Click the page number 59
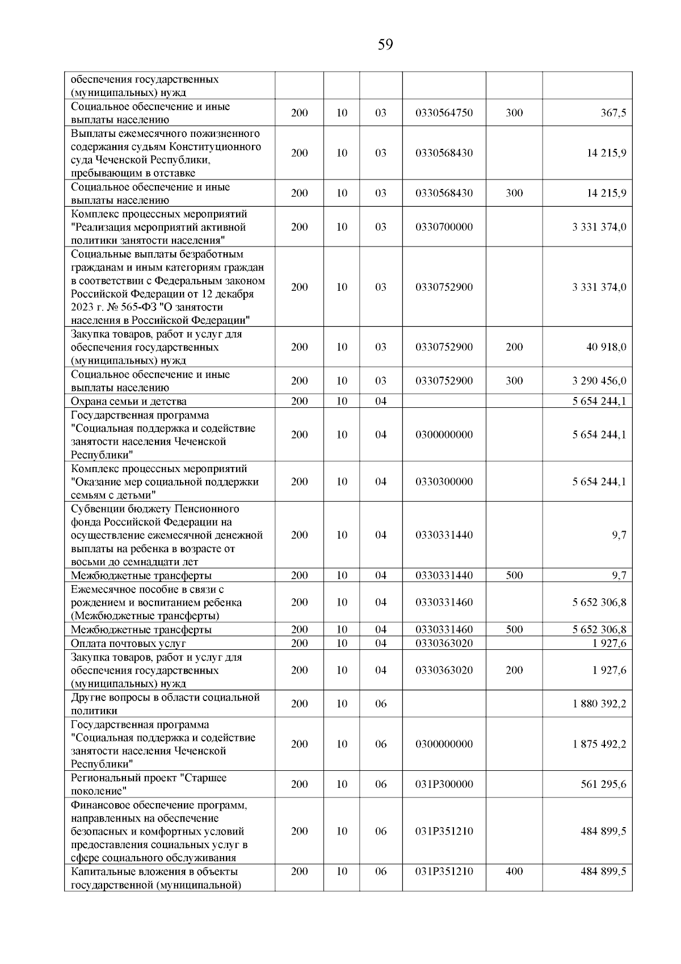point(385,44)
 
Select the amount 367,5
point(613,113)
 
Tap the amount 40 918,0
point(606,347)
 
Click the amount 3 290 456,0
point(599,381)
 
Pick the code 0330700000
point(444,227)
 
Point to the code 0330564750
point(444,113)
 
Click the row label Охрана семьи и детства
point(128,402)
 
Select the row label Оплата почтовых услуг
point(128,644)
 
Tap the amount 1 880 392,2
point(599,704)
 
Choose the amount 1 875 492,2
point(599,744)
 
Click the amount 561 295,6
point(603,784)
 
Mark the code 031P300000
point(444,784)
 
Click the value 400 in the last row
point(514,871)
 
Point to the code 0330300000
point(444,482)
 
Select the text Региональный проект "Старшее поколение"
point(148,784)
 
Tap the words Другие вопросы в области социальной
point(165,698)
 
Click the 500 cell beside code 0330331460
point(514,629)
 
